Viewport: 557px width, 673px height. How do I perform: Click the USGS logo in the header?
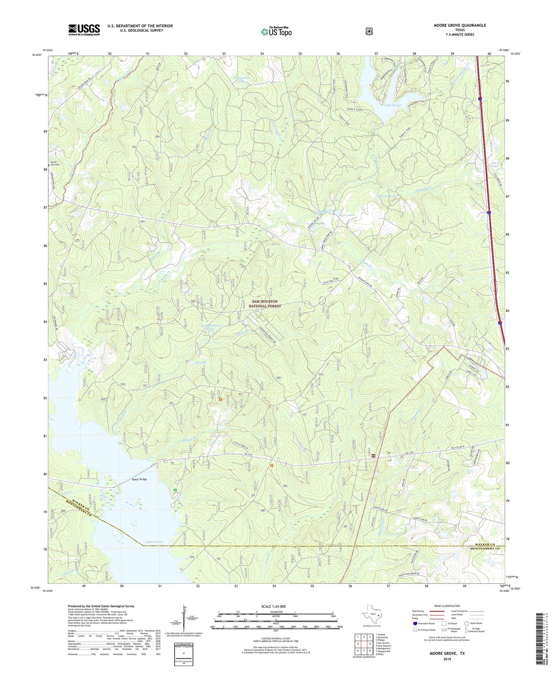click(84, 30)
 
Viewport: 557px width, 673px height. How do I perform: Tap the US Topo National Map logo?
click(276, 31)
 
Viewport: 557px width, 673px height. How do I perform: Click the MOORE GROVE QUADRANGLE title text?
click(460, 25)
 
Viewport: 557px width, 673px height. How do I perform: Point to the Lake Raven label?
click(393, 105)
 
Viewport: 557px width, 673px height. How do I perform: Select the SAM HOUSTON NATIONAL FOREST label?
click(265, 304)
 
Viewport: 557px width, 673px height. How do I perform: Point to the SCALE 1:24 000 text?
click(273, 607)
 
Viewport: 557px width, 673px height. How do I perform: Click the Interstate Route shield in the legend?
click(415, 623)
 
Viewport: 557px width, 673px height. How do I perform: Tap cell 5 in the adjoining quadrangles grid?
click(370, 644)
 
